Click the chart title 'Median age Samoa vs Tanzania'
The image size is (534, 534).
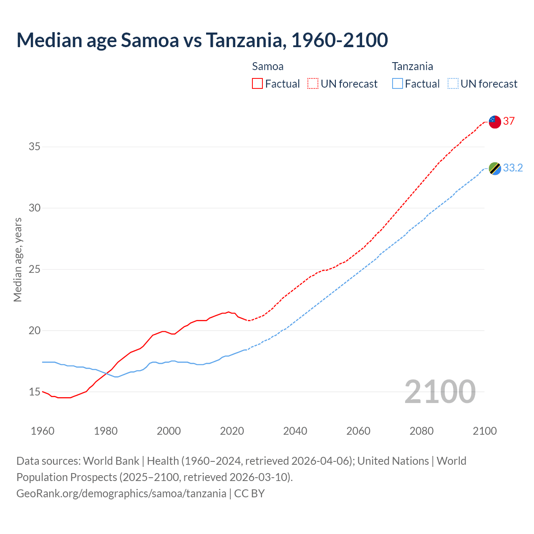click(202, 40)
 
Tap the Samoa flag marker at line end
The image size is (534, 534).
click(495, 122)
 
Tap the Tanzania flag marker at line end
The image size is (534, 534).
click(495, 169)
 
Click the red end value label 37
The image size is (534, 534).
click(509, 121)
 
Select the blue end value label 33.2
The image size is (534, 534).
click(513, 168)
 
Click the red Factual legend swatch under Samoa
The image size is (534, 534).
click(257, 84)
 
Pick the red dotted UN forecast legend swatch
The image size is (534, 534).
click(313, 84)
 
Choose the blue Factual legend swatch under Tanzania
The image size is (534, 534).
click(398, 84)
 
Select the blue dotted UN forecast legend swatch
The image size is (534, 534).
click(453, 84)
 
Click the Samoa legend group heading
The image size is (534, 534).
click(268, 66)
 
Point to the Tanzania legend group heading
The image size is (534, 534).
click(412, 66)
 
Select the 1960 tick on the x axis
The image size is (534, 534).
click(43, 431)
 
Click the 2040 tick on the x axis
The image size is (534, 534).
click(295, 431)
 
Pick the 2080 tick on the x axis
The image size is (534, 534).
click(421, 431)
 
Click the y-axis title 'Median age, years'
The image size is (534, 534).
click(18, 259)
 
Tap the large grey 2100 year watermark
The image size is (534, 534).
click(440, 392)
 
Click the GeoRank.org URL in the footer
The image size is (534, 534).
click(121, 494)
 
